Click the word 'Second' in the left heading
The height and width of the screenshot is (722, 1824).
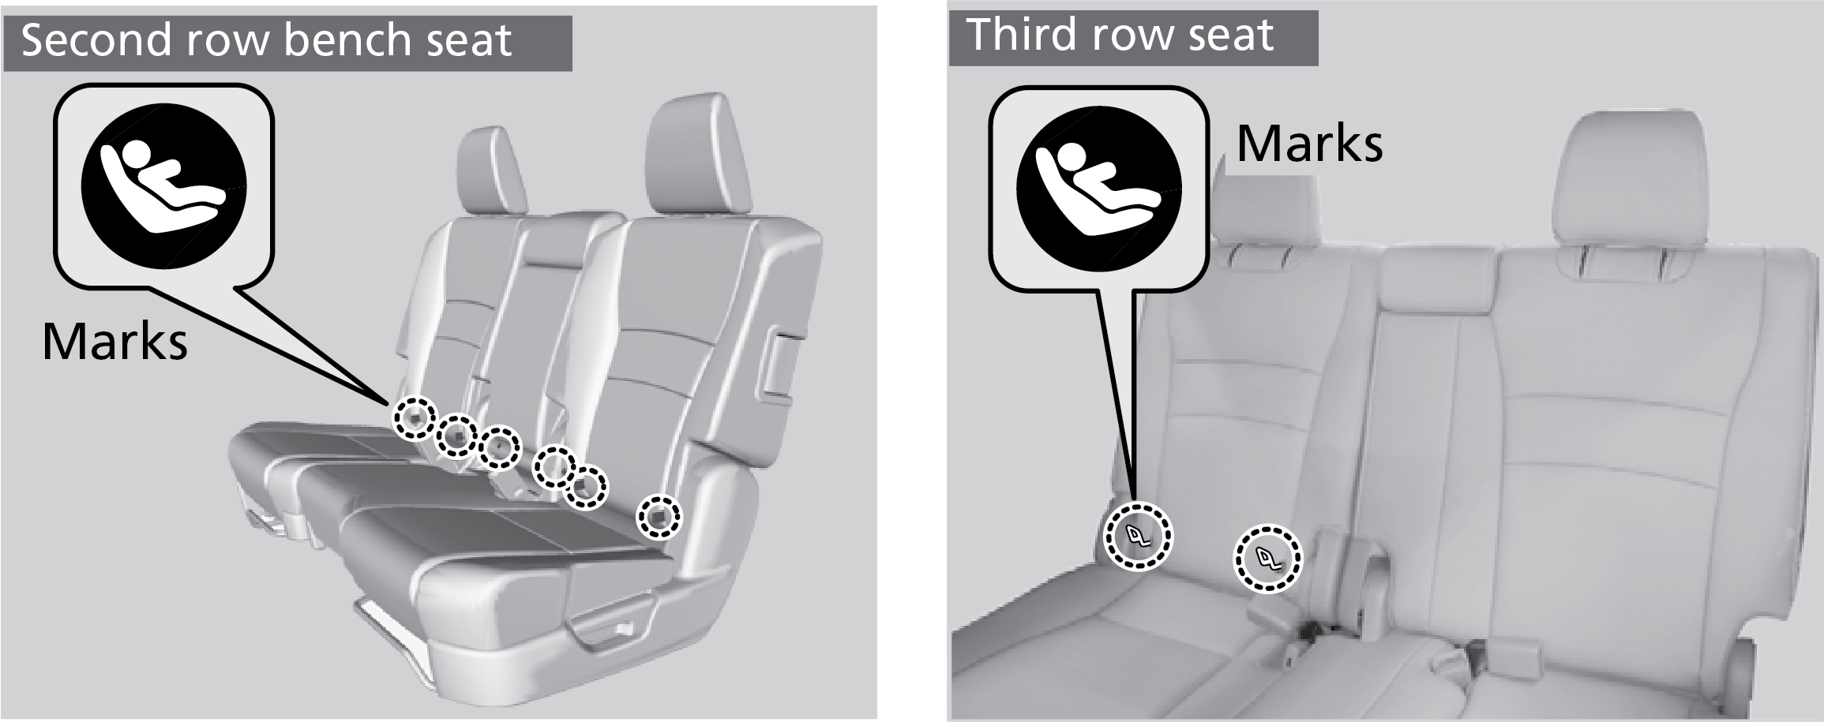coord(96,39)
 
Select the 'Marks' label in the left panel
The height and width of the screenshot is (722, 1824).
coord(115,341)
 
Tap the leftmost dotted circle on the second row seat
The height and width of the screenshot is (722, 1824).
coord(415,417)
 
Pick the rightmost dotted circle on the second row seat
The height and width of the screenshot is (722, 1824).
coord(659,517)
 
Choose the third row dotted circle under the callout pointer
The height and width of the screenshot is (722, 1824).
coord(1138,535)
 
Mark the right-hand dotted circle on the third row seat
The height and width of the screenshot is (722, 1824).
coord(1268,559)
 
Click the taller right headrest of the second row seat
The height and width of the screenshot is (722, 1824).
coord(696,155)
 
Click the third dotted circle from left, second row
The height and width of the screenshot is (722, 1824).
coord(500,446)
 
